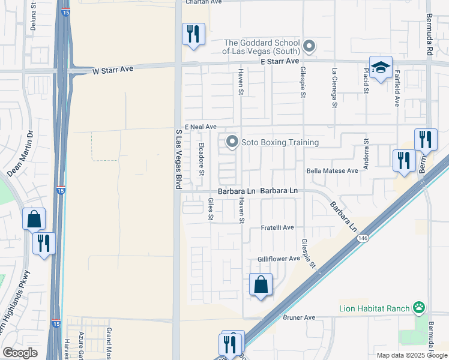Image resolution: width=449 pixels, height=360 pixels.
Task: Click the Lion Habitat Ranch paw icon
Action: (x=418, y=308)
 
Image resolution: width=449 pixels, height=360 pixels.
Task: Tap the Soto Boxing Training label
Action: (x=279, y=142)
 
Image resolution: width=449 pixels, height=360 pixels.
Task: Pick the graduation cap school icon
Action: (x=381, y=68)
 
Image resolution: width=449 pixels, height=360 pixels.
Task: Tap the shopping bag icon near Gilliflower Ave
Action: (x=261, y=284)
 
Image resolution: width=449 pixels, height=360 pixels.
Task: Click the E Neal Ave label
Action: (x=200, y=127)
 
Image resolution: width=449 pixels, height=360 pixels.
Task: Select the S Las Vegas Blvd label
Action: (x=178, y=160)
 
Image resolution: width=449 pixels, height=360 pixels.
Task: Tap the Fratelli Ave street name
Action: (x=277, y=228)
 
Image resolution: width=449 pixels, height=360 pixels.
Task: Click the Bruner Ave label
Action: (x=300, y=317)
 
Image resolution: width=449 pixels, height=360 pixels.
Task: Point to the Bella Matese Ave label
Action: (x=332, y=170)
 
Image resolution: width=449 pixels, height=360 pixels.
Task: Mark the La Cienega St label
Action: (x=334, y=87)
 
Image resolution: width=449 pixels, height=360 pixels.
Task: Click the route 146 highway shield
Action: (x=363, y=238)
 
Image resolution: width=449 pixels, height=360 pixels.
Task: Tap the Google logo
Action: (x=20, y=353)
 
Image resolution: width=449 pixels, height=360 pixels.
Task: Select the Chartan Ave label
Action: (x=203, y=2)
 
